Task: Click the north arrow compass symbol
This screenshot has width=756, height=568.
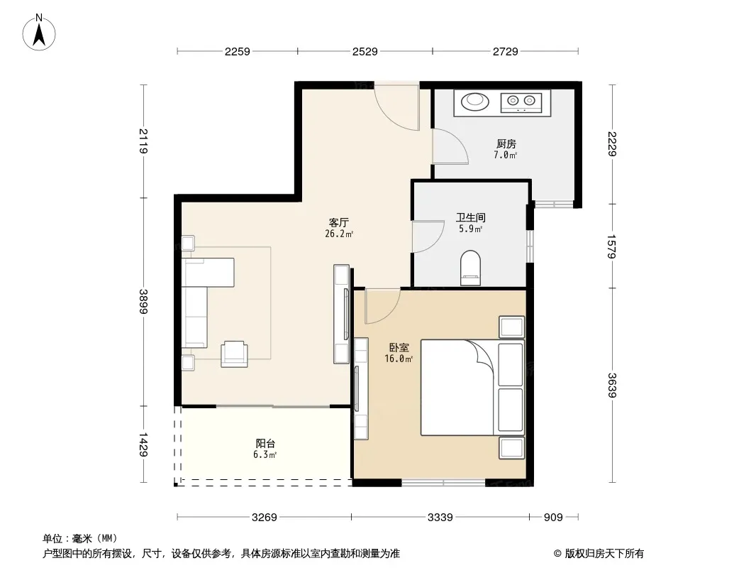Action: tap(39, 33)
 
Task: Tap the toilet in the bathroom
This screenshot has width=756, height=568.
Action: tap(471, 268)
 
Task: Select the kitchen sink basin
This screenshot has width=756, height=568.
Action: tap(475, 102)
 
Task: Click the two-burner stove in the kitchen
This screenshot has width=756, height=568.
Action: tap(521, 102)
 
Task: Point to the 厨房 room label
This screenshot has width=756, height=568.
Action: tap(506, 144)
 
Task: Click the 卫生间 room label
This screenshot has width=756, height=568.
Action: tap(471, 218)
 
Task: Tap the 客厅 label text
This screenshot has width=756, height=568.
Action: tap(338, 222)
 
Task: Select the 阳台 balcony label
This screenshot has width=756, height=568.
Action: tap(265, 443)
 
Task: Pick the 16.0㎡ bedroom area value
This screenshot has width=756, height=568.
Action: tap(399, 359)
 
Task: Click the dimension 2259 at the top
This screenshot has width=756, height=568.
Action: tap(237, 51)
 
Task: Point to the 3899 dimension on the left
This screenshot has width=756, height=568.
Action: tap(143, 301)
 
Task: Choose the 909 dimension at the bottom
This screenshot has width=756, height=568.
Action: tap(553, 518)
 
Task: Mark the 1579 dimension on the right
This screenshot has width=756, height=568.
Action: tap(612, 246)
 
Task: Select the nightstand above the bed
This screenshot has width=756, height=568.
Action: tap(511, 327)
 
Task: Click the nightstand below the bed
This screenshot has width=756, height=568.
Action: tap(511, 448)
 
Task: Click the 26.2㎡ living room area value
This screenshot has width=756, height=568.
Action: tap(339, 234)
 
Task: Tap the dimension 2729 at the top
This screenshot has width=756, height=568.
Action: tap(505, 51)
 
